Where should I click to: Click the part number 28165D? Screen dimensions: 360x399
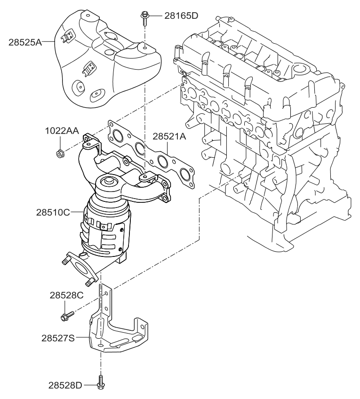click(181, 16)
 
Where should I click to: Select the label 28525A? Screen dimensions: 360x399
click(25, 42)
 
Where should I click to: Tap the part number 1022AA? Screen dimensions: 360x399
click(62, 131)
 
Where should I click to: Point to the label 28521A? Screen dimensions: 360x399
click(169, 136)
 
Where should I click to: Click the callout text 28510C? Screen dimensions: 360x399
click(53, 212)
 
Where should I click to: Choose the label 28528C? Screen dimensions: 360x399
click(66, 295)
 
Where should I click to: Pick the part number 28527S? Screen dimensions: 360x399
click(58, 338)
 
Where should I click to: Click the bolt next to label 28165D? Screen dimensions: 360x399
click(144, 18)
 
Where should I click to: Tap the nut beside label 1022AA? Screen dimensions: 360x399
click(60, 153)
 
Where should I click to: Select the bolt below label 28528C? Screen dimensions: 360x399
click(67, 316)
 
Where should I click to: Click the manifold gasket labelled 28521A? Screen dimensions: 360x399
click(151, 154)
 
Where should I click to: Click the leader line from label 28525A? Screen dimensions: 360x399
click(48, 41)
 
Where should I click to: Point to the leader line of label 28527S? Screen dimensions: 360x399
click(82, 337)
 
